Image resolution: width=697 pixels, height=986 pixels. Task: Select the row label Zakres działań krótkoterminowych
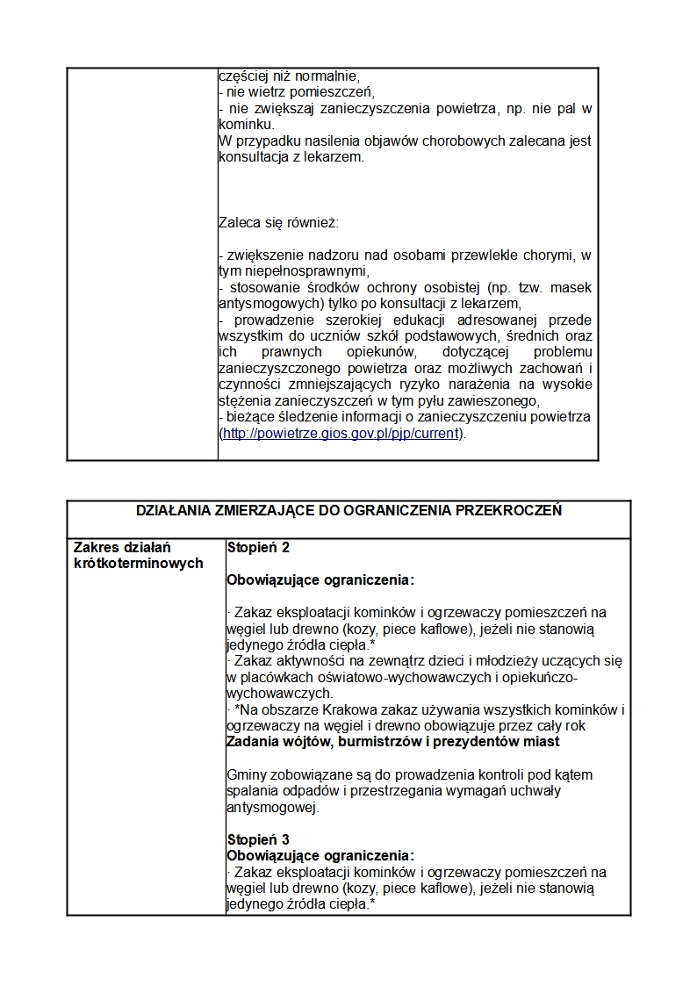click(x=138, y=555)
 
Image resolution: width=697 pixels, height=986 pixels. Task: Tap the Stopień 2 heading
click(x=258, y=548)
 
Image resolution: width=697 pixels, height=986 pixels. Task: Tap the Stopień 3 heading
click(x=258, y=839)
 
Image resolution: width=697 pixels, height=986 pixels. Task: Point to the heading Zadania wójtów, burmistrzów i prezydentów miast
click(x=392, y=742)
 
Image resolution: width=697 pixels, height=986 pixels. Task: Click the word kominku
click(x=240, y=125)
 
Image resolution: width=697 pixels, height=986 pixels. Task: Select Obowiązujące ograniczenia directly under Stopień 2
click(x=320, y=580)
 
